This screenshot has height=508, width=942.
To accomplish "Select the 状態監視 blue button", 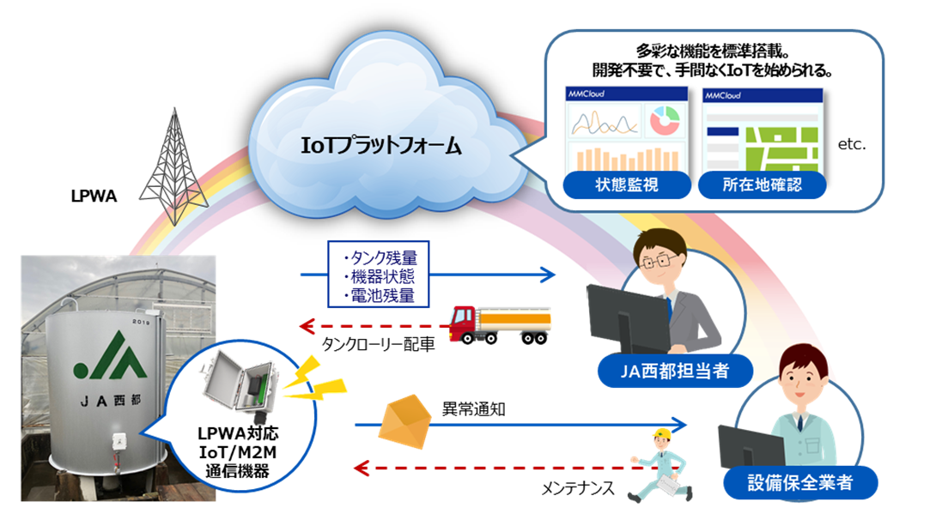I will [614, 184].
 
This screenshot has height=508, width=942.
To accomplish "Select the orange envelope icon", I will [403, 420].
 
